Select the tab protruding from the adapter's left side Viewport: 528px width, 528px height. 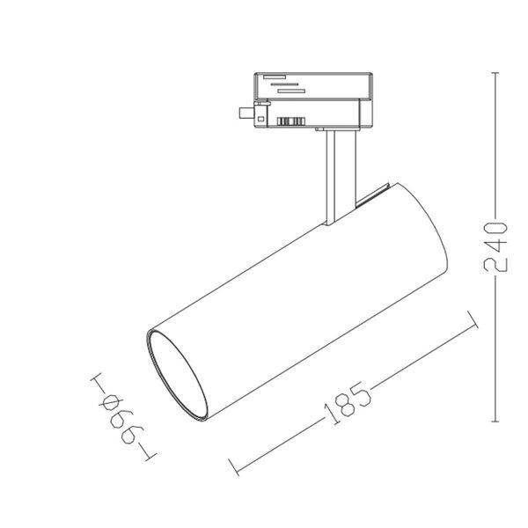[243, 113]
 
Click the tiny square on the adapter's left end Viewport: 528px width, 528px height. [260, 114]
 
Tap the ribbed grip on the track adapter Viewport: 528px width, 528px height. [291, 121]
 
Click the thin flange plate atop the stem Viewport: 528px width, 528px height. [338, 130]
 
